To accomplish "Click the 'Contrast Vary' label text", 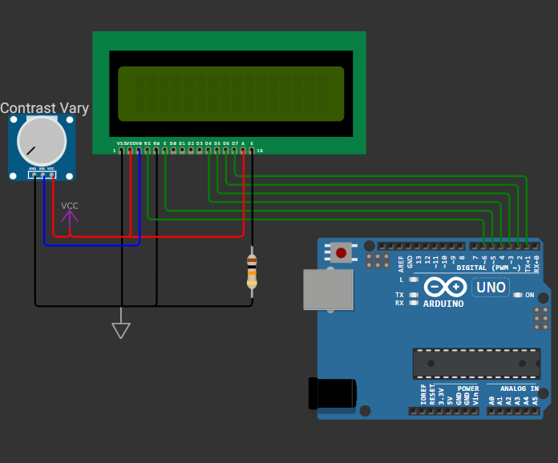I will pyautogui.click(x=44, y=108).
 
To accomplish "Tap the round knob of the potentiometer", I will pyautogui.click(x=42, y=141).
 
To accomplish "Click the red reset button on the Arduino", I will pyautogui.click(x=342, y=253).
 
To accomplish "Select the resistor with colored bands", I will pyautogui.click(x=252, y=269).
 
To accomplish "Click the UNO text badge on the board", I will pyautogui.click(x=491, y=288).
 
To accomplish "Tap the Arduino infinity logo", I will pyautogui.click(x=445, y=288).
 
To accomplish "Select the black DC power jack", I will pyautogui.click(x=331, y=394).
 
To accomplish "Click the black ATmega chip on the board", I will pyautogui.click(x=476, y=363).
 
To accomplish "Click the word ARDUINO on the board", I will pyautogui.click(x=443, y=304).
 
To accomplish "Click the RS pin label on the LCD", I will pyautogui.click(x=148, y=143).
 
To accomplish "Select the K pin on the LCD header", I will pyautogui.click(x=252, y=150).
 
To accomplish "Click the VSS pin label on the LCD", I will pyautogui.click(x=120, y=143).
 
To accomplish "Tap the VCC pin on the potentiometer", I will pyautogui.click(x=51, y=174).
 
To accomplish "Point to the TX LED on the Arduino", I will pyautogui.click(x=414, y=295).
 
